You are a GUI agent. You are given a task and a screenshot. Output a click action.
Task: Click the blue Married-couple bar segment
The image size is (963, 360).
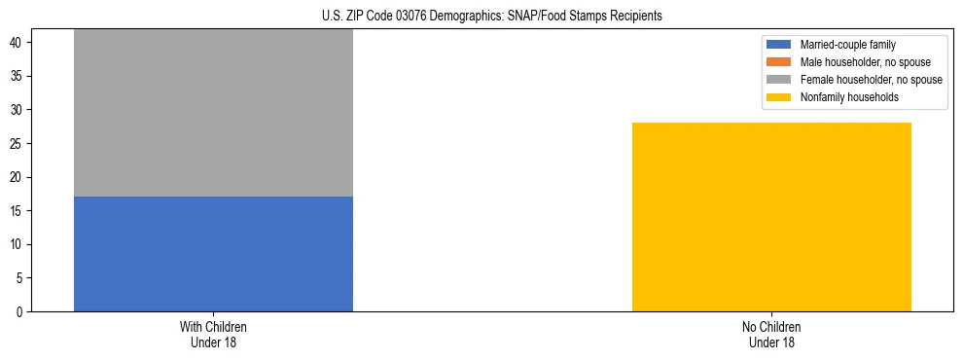tap(213, 254)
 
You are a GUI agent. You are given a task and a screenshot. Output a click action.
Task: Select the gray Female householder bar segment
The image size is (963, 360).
tap(213, 113)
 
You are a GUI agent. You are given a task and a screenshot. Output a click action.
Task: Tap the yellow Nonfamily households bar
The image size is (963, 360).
tap(771, 217)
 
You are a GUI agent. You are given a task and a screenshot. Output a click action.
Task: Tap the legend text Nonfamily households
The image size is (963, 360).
tap(841, 97)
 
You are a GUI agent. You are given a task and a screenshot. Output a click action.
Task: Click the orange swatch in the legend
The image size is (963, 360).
tap(780, 62)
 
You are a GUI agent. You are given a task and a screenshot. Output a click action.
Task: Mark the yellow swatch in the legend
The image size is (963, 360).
tap(780, 97)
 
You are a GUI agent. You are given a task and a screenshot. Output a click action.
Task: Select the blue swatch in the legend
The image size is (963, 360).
tap(780, 45)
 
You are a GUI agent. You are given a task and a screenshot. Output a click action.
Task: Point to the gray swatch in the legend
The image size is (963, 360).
tap(780, 80)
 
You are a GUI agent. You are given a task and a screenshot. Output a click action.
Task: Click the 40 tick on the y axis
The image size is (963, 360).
tap(18, 43)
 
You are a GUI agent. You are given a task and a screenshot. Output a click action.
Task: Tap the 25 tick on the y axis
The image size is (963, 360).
tap(18, 144)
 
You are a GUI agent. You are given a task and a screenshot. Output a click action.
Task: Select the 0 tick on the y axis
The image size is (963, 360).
tap(21, 312)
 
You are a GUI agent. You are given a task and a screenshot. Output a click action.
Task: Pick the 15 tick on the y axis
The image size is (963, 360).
tap(18, 211)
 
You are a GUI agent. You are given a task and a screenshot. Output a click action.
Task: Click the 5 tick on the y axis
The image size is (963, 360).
tap(21, 278)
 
